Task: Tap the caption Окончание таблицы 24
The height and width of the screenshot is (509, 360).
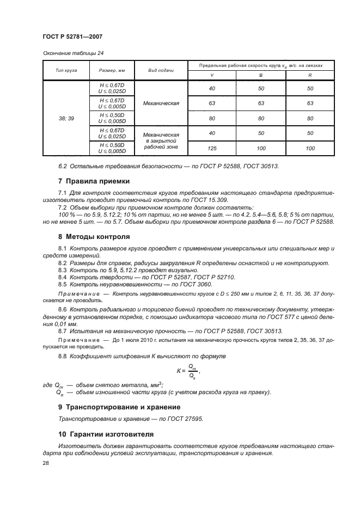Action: tap(73, 53)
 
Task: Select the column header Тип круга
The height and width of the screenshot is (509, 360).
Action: tap(66, 71)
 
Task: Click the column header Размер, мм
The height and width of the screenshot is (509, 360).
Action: tap(112, 71)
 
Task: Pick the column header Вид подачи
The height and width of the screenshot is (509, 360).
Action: tap(161, 71)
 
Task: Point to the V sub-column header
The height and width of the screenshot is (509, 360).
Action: tap(212, 76)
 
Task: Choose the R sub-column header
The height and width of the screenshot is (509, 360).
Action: tap(310, 76)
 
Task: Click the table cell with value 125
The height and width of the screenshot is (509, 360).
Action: tap(212, 148)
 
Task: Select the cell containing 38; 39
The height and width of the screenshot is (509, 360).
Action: tap(66, 118)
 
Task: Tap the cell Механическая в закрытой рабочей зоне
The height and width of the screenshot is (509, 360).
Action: tap(161, 140)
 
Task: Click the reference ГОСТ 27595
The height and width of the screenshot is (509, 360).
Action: tap(186, 419)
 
